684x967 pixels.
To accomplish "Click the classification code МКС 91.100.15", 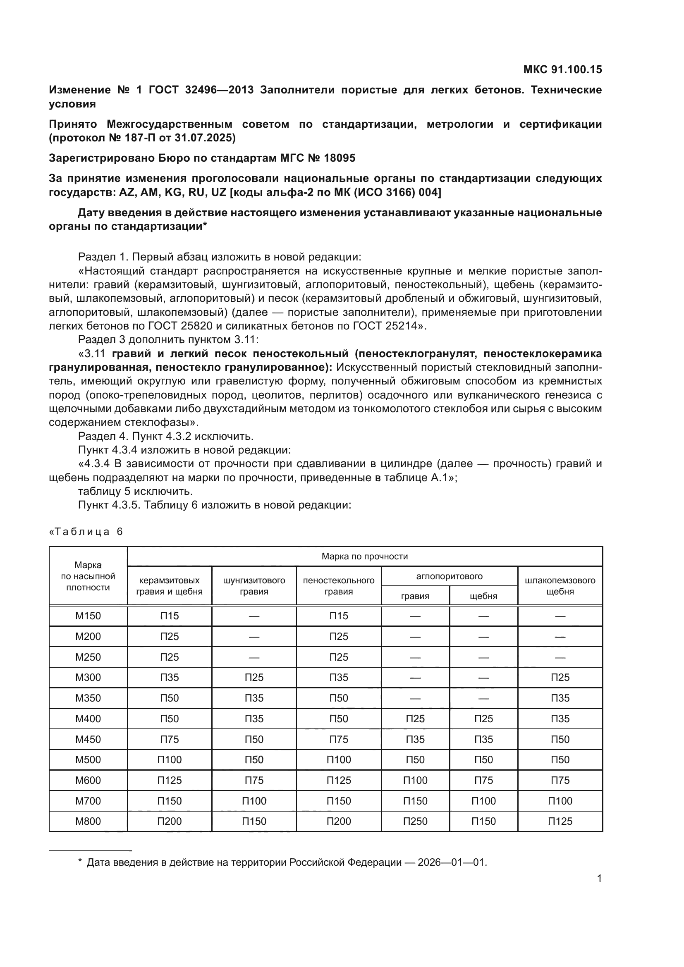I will [562, 69].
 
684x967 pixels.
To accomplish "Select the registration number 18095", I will [340, 158].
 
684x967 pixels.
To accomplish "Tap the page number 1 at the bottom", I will [599, 878].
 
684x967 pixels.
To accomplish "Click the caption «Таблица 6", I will [86, 532].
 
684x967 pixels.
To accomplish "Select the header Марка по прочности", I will [364, 556].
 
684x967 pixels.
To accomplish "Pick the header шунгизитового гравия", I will [254, 586].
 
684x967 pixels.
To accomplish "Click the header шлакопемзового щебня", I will [560, 586].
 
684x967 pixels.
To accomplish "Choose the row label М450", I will [88, 739].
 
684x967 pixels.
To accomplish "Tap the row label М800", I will [88, 821].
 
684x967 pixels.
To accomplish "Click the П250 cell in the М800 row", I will [415, 821].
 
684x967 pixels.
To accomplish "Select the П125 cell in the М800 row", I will [560, 821].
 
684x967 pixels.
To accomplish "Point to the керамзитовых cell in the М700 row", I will [169, 801].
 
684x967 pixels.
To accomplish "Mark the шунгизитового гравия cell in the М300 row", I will [254, 677].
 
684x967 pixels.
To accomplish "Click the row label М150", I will [88, 616].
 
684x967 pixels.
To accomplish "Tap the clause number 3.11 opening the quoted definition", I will [97, 353].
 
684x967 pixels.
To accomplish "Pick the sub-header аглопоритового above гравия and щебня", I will [449, 576].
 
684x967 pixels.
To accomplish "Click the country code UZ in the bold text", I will [219, 193].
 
